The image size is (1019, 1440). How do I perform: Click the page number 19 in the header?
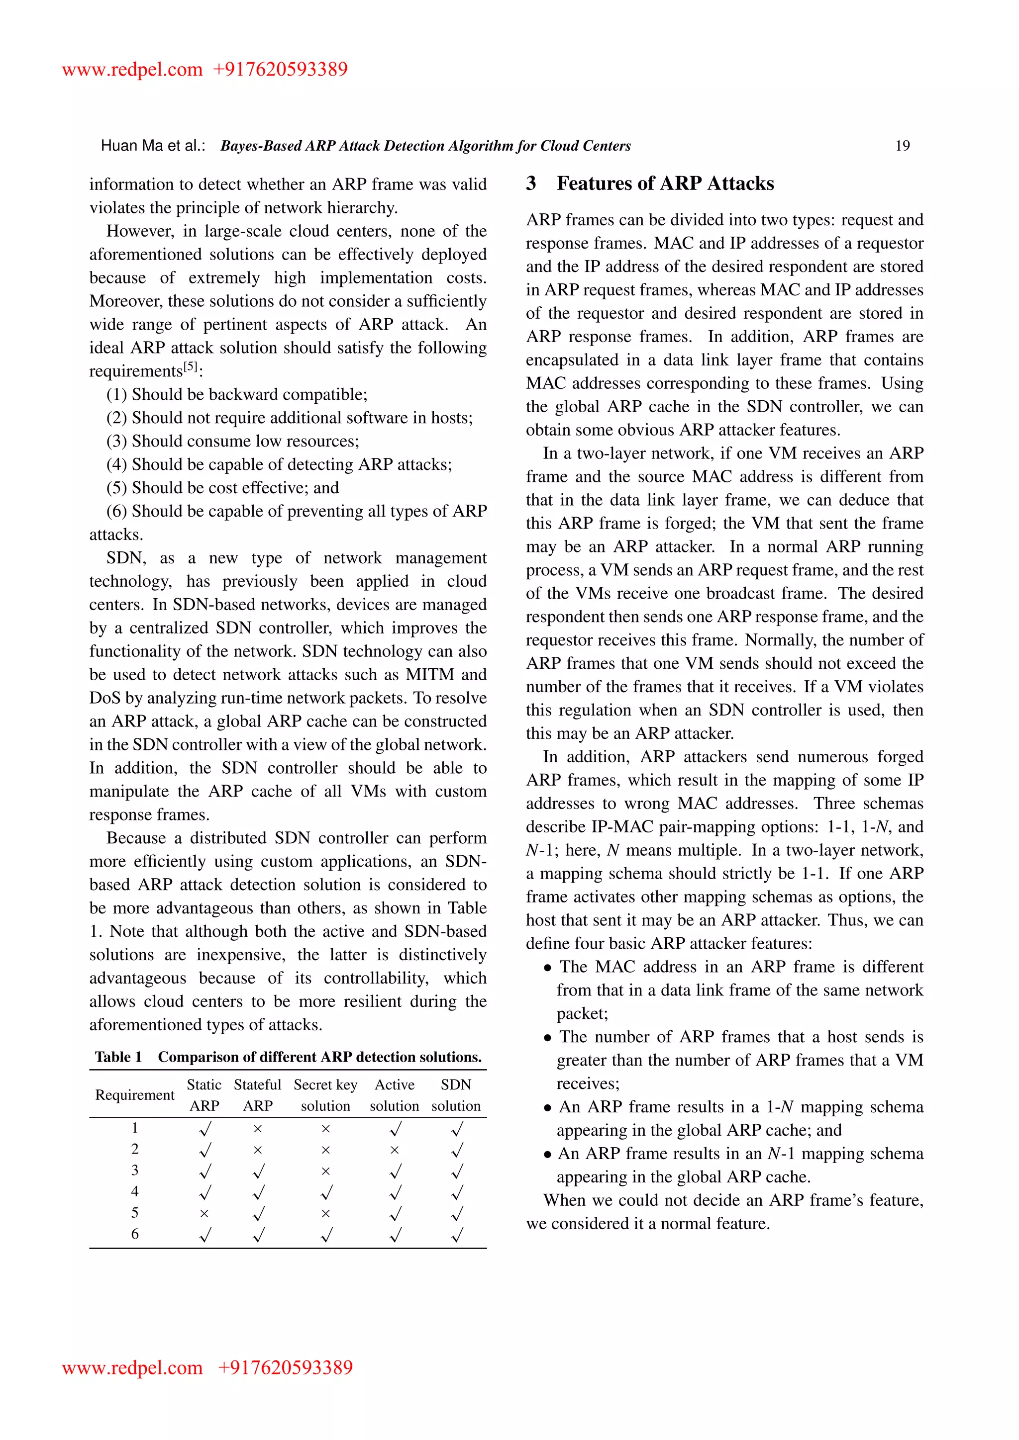pos(902,146)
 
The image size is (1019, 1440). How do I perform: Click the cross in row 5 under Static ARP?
pos(204,1214)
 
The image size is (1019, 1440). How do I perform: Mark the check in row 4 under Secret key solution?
pos(326,1192)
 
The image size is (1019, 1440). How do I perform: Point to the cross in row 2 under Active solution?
pos(394,1150)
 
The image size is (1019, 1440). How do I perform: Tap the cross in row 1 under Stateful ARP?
pos(257,1129)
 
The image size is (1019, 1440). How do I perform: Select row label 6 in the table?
pos(134,1234)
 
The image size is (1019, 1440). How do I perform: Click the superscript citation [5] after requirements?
pos(190,367)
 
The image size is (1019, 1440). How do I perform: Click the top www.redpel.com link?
pos(132,69)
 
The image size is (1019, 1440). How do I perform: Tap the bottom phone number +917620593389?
pos(285,1367)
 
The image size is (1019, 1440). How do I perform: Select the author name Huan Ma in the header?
pos(132,146)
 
